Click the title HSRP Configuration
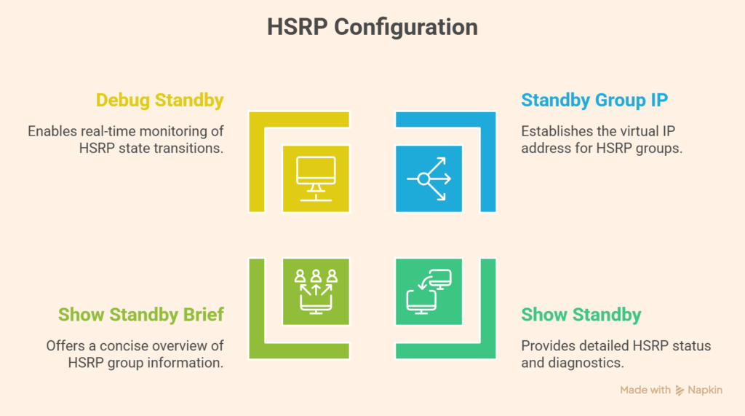(372, 27)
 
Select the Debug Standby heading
(159, 100)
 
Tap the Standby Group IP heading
(594, 100)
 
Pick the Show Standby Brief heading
(141, 315)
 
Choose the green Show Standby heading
(581, 315)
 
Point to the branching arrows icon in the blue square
(429, 178)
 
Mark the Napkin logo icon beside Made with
(680, 390)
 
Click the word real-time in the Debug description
(103, 132)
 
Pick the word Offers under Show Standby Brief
(66, 345)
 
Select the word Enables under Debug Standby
(52, 132)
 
